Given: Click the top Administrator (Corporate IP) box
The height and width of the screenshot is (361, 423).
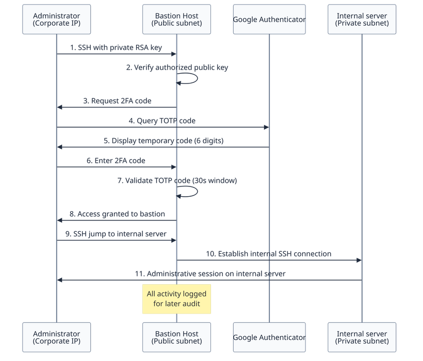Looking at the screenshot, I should tap(57, 20).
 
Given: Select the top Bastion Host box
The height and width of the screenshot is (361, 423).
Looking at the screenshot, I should tap(176, 20).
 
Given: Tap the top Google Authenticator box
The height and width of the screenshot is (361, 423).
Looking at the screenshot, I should tap(269, 20).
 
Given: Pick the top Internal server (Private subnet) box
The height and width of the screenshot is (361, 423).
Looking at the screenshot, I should tap(361, 20).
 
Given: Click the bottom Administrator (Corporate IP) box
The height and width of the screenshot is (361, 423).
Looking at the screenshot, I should tap(57, 337).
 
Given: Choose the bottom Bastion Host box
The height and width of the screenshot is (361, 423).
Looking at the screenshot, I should tap(176, 337).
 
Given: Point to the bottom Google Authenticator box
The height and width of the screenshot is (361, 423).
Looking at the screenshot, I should tap(269, 337).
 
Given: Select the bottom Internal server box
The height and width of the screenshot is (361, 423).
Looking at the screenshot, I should tap(361, 337).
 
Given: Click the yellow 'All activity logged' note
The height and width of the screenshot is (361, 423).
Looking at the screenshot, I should tap(176, 299).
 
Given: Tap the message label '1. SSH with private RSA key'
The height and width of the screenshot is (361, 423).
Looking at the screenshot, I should tap(117, 47).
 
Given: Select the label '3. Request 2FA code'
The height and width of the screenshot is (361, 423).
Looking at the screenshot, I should tap(117, 100).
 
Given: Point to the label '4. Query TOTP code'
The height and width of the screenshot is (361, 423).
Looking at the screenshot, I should tap(162, 121).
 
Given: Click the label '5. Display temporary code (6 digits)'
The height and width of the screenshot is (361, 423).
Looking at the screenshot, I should tap(162, 141).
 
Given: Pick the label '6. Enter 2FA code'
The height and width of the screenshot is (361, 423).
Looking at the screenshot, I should tap(117, 161).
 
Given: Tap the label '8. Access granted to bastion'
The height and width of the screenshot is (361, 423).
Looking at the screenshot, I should tap(117, 214).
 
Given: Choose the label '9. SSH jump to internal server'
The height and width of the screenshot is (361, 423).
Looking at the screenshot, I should tap(117, 234).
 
